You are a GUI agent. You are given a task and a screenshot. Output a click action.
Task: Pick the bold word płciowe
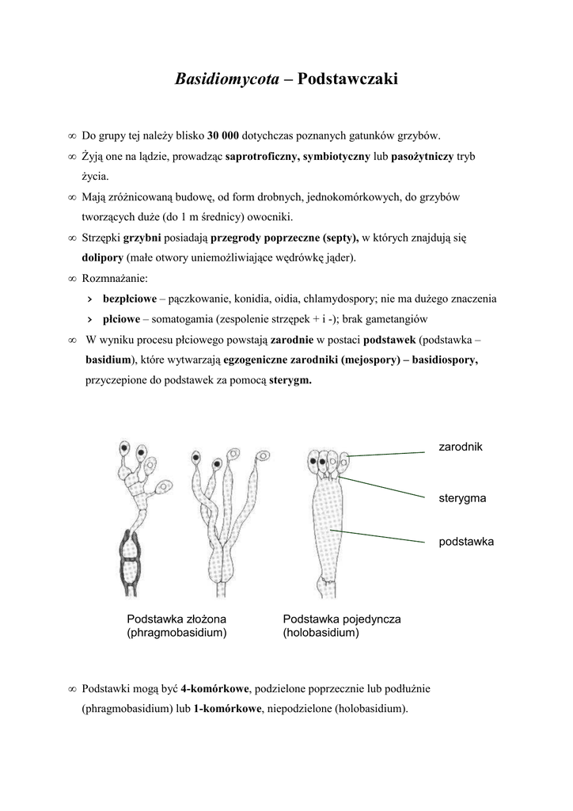[x=121, y=319]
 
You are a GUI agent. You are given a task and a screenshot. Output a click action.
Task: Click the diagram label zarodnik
[x=461, y=447]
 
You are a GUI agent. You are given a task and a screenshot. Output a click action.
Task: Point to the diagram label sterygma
[x=462, y=498]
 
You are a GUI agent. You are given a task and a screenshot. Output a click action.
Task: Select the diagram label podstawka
[x=466, y=542]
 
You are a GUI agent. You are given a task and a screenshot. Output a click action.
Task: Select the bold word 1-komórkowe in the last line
[x=227, y=708]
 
